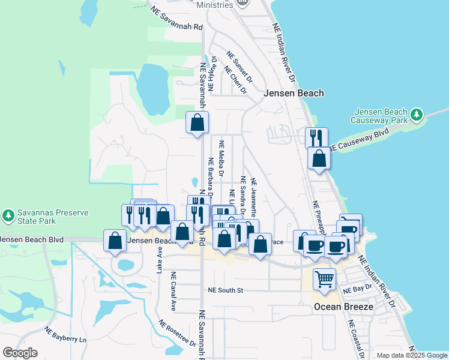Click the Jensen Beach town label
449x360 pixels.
click(x=294, y=93)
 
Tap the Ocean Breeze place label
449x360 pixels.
click(x=344, y=307)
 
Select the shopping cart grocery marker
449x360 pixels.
click(x=324, y=279)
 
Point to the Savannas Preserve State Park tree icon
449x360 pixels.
click(x=8, y=214)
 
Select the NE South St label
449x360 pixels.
click(x=225, y=290)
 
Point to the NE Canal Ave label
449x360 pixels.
click(x=173, y=292)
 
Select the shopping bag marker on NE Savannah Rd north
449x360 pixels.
click(x=197, y=123)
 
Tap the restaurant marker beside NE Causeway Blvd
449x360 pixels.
click(x=316, y=137)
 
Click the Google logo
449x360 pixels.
click(x=20, y=353)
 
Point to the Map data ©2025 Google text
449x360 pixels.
click(x=412, y=355)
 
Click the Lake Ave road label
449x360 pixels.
click(x=160, y=259)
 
